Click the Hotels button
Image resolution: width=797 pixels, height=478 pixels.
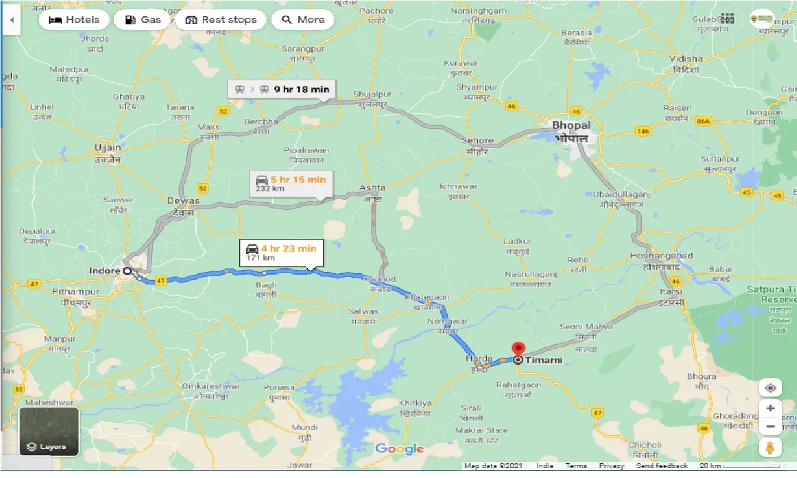[x=74, y=20]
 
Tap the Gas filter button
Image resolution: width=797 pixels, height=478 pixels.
[x=143, y=20]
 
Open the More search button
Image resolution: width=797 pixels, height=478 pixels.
[x=303, y=20]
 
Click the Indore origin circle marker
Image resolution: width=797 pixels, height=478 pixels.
[x=127, y=271]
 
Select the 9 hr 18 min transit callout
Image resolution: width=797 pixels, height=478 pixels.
[x=282, y=89]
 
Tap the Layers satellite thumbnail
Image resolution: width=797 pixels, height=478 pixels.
[x=49, y=431]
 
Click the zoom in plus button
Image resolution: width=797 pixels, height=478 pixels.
[x=770, y=408]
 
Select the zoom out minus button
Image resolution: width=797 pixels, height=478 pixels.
[x=770, y=427]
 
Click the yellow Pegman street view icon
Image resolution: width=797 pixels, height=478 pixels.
[x=770, y=448]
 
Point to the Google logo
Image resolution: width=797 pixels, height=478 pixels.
[x=399, y=449]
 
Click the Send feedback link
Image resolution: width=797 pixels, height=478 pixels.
[x=662, y=466]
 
